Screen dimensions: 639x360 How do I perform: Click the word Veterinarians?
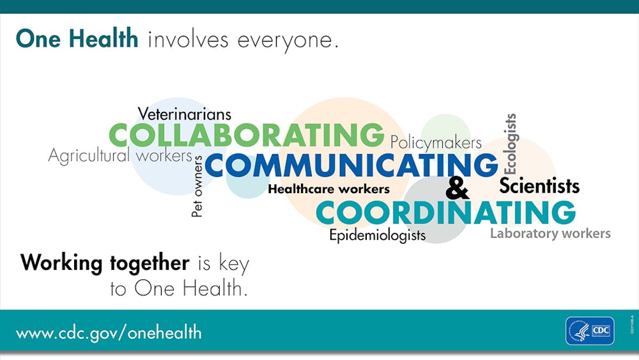(184, 114)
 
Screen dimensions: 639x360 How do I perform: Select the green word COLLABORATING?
(247, 135)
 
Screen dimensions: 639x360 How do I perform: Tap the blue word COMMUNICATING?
(351, 165)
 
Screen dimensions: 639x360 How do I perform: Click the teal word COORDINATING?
(445, 212)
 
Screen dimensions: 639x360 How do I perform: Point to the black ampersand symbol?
(458, 188)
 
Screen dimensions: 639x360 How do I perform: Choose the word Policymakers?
(436, 143)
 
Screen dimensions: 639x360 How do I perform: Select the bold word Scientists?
(539, 186)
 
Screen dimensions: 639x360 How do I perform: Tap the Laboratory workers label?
(550, 233)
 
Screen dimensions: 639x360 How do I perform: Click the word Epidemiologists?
(378, 236)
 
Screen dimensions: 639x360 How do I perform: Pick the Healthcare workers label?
(328, 189)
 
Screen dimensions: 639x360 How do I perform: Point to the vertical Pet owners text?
(197, 186)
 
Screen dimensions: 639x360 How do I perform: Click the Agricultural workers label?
(120, 156)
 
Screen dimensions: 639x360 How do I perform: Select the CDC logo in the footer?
(590, 331)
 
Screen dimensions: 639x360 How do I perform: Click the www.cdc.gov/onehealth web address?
(109, 333)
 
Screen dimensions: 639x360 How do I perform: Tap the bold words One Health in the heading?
(77, 39)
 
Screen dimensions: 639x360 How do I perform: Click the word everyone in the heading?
(288, 41)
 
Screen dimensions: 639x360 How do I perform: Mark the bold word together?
(150, 263)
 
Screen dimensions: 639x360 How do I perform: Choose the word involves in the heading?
(188, 40)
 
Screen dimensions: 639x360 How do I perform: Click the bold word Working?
(61, 263)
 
